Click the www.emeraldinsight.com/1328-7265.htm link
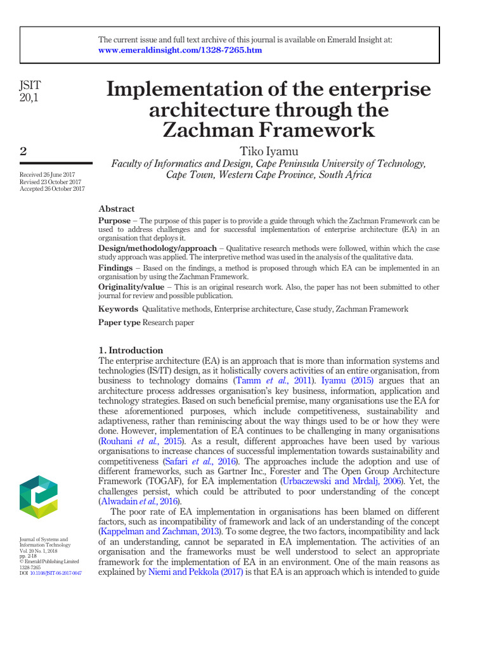click(x=180, y=50)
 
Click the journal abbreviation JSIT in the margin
click(x=31, y=84)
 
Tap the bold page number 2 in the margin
click(x=23, y=151)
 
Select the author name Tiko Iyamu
click(x=269, y=150)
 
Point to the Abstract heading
click(x=117, y=209)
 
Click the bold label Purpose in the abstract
click(x=114, y=221)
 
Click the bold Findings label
click(x=115, y=268)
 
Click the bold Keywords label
click(x=118, y=309)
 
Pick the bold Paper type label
click(x=119, y=323)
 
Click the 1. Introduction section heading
click(x=131, y=350)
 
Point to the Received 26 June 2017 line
click(x=48, y=174)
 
